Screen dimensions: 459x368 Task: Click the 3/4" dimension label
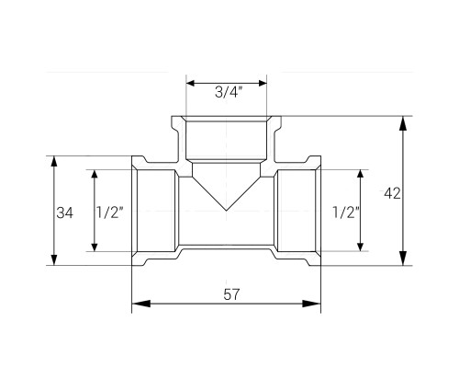pos(229,92)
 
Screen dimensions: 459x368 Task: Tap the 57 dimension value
pos(231,294)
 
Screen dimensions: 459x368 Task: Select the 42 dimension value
pos(392,193)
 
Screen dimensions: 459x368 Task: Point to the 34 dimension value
pos(65,213)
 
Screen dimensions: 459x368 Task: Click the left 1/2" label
pos(110,213)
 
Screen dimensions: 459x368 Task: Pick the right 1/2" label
pos(346,213)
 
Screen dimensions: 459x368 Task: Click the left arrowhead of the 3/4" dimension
pos(191,83)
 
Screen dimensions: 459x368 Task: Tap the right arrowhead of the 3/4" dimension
pos(263,83)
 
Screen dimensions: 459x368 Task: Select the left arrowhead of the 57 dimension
pos(141,304)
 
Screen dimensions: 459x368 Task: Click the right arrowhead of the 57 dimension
pos(311,304)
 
